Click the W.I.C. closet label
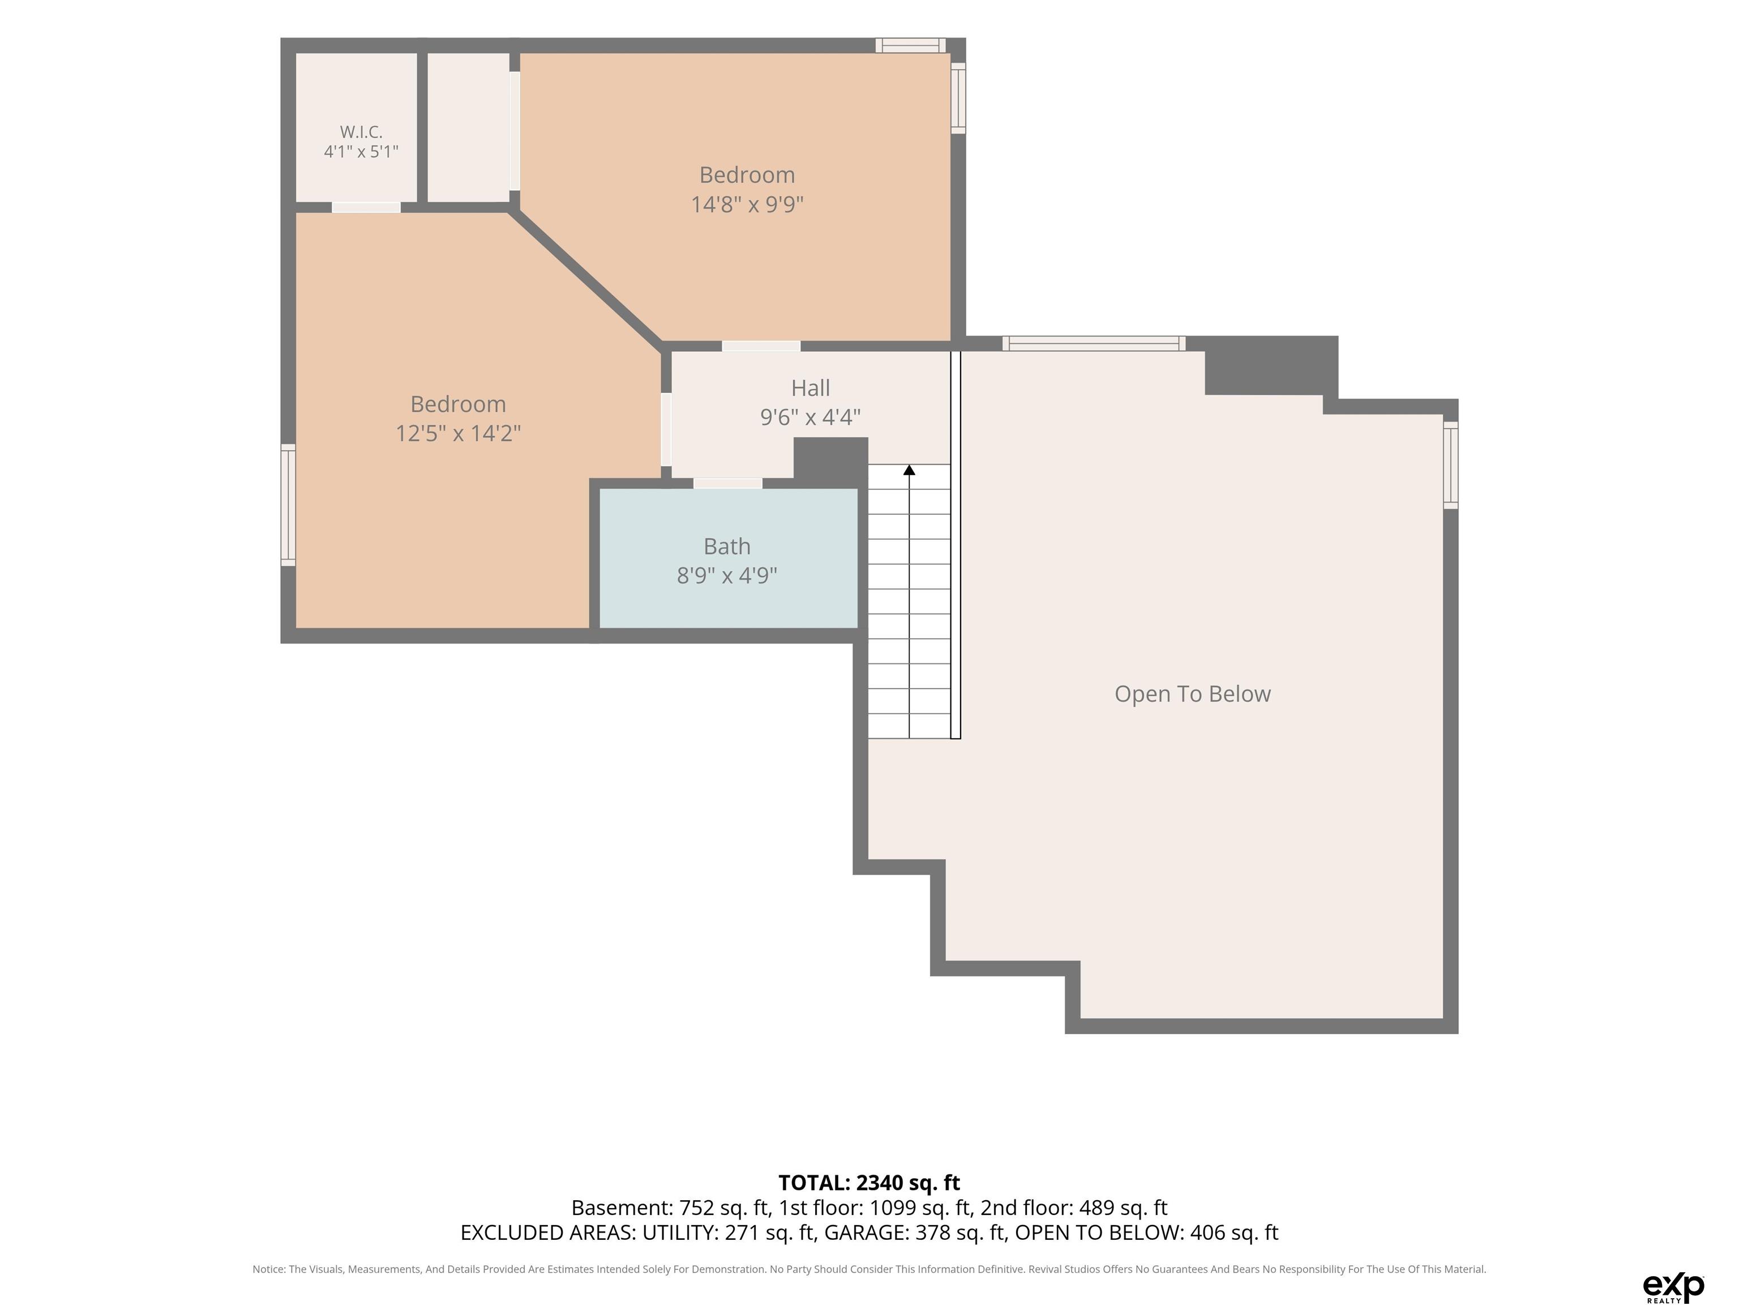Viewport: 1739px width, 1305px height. pos(361,131)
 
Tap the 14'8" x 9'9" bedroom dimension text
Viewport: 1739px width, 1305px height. pos(747,204)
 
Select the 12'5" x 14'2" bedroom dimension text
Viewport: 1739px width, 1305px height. pos(457,433)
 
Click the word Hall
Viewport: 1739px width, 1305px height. pos(811,388)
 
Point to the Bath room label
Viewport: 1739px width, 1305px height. pos(727,546)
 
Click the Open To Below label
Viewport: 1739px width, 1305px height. pos(1193,694)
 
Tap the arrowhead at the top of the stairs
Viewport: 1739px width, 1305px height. pos(910,470)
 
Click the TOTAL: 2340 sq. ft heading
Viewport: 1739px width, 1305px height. pos(869,1182)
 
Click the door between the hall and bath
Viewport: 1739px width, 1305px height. pos(728,483)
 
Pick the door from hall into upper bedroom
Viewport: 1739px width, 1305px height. pos(761,346)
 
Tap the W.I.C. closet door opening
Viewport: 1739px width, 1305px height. pos(366,208)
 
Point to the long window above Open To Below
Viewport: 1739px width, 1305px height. pos(1094,343)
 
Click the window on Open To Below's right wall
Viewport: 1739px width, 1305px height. pos(1450,465)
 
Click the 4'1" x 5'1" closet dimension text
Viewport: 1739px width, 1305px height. pos(361,151)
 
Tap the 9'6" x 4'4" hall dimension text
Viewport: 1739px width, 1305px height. pos(811,417)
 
